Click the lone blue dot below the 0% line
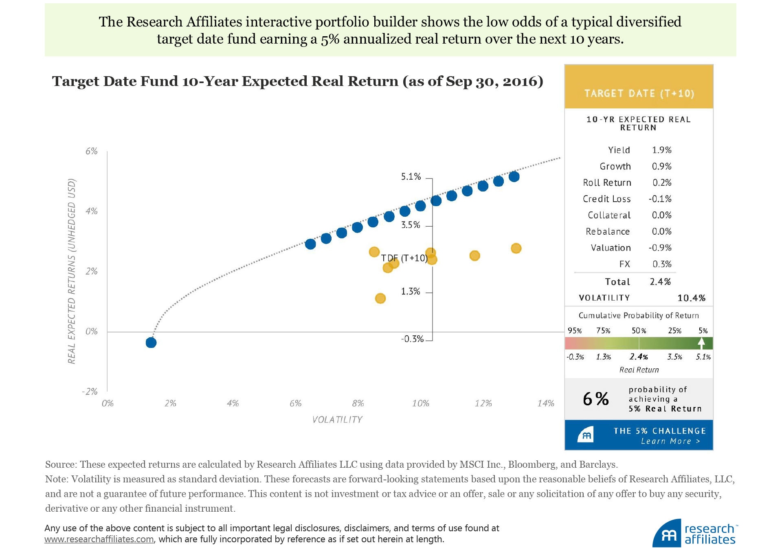pos(151,343)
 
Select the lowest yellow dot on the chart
pos(380,299)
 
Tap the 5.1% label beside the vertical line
pos(411,177)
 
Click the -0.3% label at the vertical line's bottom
pos(412,339)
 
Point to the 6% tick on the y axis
pos(92,152)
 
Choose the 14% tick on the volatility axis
pos(545,403)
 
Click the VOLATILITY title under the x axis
pos(337,420)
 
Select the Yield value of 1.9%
pos(661,150)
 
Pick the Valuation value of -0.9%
pos(660,248)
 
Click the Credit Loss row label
pos(606,199)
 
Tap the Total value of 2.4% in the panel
pos(660,282)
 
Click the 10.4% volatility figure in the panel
pos(691,298)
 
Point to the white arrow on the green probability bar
pos(701,343)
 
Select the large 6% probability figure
pos(595,399)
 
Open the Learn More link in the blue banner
pos(670,441)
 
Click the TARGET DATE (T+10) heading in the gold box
pos(639,94)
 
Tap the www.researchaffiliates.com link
pos(99,539)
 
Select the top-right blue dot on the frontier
pos(514,176)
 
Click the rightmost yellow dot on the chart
pos(516,249)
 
